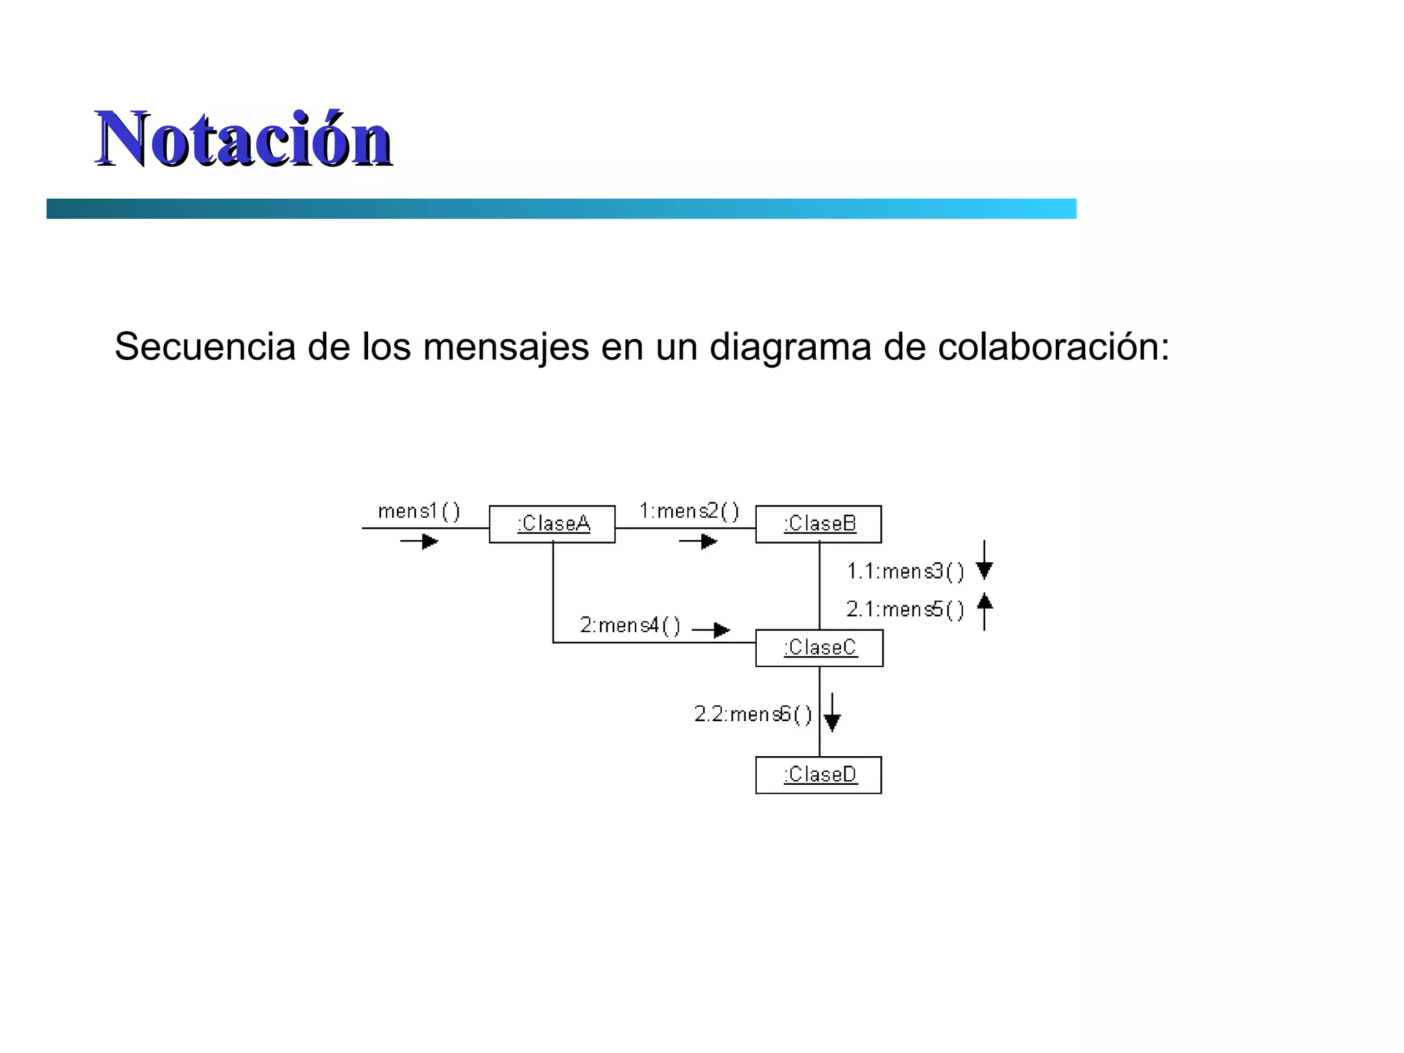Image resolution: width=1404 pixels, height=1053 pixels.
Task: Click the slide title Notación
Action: tap(243, 138)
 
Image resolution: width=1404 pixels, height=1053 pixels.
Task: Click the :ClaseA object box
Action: tap(552, 524)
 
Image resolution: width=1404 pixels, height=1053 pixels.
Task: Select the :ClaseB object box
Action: tap(819, 524)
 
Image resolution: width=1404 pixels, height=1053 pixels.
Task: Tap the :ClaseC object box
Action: tap(819, 648)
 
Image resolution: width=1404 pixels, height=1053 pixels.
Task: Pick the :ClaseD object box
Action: tap(819, 775)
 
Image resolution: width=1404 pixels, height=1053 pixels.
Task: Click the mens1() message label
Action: tap(419, 511)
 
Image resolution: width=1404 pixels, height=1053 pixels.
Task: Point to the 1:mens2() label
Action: tap(689, 511)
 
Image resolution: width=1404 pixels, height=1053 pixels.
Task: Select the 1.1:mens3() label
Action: tap(905, 571)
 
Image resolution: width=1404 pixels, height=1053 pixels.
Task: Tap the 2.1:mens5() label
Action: tap(905, 609)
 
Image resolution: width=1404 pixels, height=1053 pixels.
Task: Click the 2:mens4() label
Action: tap(630, 625)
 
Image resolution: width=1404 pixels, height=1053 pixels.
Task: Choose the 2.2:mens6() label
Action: tap(753, 714)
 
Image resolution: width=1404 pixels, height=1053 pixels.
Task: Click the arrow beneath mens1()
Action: tap(420, 542)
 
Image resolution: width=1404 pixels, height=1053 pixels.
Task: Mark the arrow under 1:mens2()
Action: tap(698, 542)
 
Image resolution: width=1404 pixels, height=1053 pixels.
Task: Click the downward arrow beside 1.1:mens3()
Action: tap(984, 561)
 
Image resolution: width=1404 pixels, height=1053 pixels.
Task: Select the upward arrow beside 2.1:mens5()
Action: tap(984, 611)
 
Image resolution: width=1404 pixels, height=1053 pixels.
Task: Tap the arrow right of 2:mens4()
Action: tap(712, 629)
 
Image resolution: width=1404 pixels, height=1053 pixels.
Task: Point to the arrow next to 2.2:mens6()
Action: tap(832, 713)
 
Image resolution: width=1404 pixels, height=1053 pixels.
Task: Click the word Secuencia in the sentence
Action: tap(204, 346)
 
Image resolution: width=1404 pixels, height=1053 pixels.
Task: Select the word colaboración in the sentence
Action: tap(1052, 346)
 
